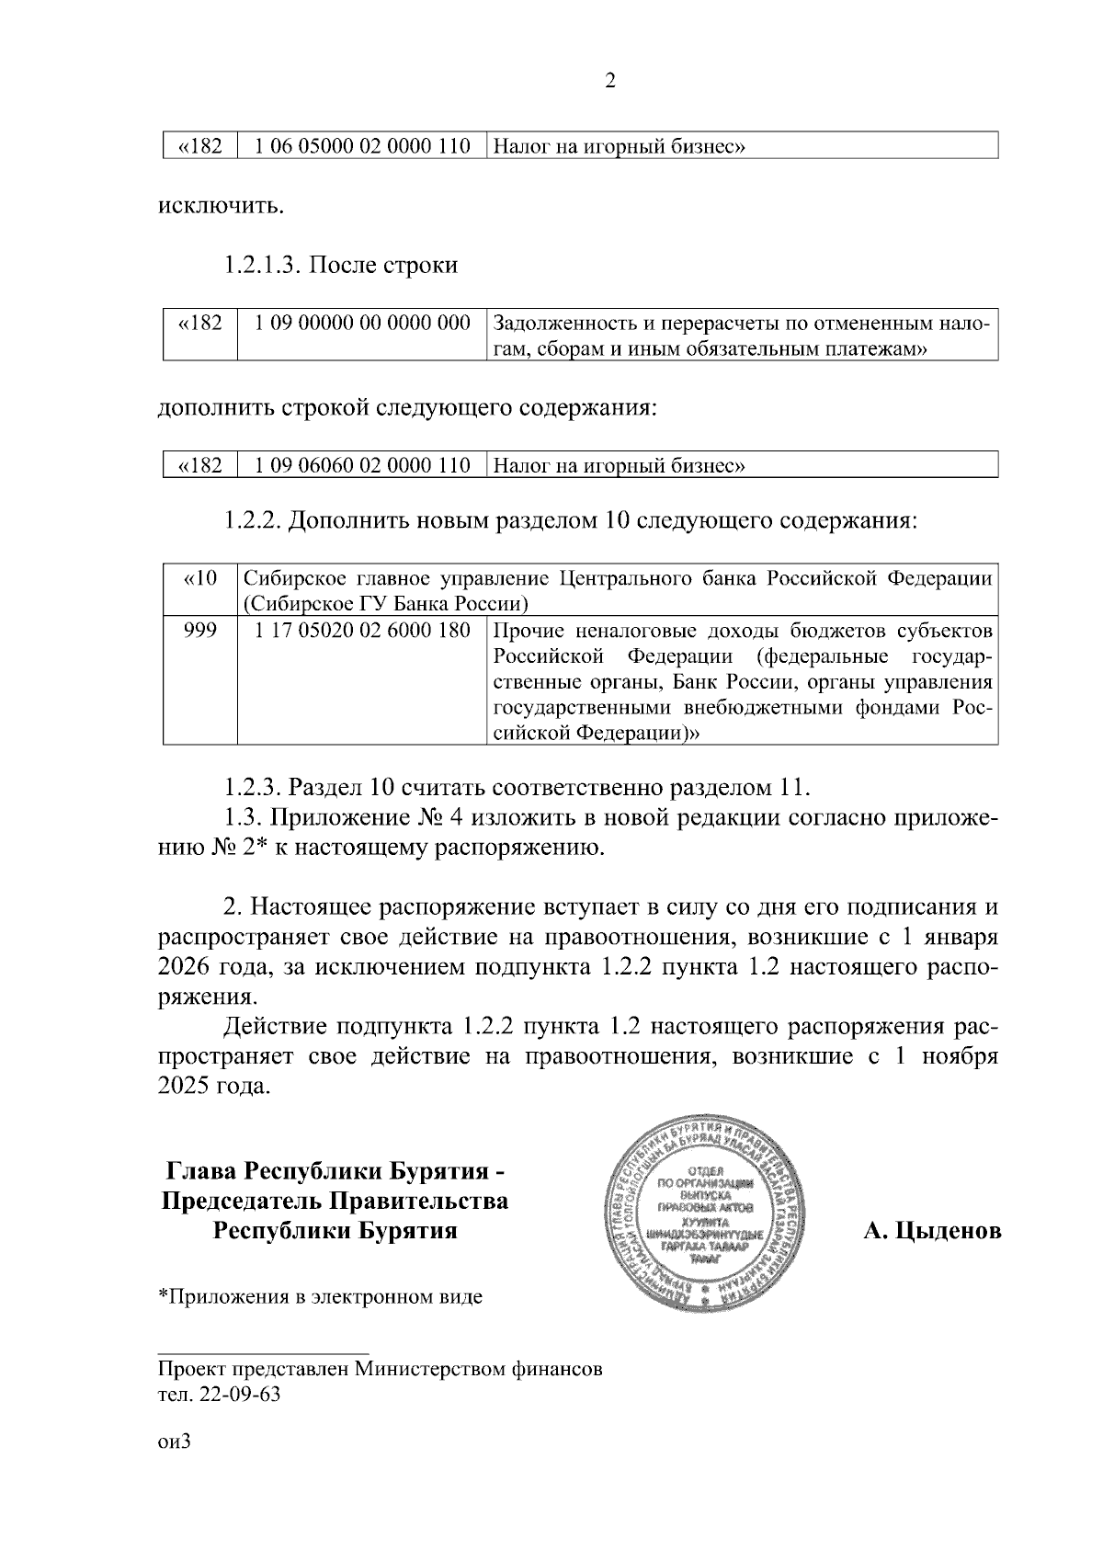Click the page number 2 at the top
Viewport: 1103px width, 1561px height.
point(610,81)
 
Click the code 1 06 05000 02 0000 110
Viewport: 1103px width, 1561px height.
point(362,146)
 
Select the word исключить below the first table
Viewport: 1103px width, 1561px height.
point(221,205)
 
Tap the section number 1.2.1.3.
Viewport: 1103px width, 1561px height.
point(262,266)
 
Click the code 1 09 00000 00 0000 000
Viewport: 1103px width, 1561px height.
point(362,324)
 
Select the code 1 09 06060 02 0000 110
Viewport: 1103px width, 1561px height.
point(362,465)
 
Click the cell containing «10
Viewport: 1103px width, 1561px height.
point(200,579)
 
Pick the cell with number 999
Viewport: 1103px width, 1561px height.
point(200,632)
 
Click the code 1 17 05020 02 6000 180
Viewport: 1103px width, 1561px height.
point(362,632)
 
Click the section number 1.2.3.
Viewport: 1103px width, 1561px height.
point(253,788)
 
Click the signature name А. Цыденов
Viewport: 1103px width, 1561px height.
point(932,1231)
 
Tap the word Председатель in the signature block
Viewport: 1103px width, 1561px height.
point(242,1202)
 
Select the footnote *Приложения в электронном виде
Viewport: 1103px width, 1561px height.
point(321,1297)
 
